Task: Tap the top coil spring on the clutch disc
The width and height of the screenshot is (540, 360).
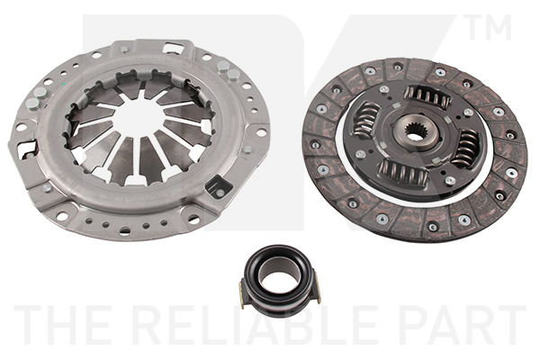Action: [427, 95]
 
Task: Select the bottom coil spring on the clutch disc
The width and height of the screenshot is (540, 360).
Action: [403, 171]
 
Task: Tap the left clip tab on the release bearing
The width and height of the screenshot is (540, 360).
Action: [241, 295]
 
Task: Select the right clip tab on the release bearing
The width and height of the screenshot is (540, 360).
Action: [319, 288]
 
